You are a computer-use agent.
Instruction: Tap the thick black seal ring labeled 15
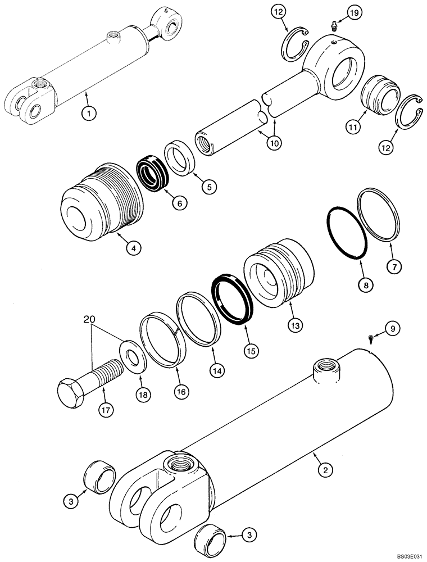[232, 299]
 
